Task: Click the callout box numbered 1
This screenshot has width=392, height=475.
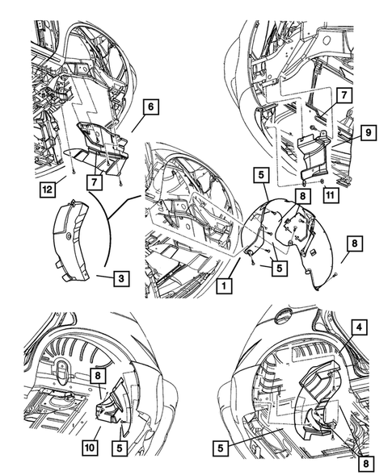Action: click(x=224, y=285)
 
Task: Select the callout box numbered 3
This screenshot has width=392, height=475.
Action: click(x=121, y=278)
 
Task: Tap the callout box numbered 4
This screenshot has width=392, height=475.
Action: click(x=360, y=327)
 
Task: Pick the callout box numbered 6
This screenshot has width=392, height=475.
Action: click(x=151, y=106)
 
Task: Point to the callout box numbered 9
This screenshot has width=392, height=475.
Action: click(x=369, y=133)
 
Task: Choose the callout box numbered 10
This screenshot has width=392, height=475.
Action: click(x=90, y=447)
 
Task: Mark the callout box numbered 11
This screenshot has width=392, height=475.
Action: click(x=331, y=195)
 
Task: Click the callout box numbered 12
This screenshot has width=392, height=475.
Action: click(x=48, y=190)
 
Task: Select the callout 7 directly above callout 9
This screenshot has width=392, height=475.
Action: click(x=344, y=95)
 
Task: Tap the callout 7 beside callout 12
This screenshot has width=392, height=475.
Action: click(x=95, y=182)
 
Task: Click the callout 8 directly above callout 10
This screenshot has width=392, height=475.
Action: click(x=98, y=376)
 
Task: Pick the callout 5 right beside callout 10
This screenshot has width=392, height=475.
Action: click(x=120, y=448)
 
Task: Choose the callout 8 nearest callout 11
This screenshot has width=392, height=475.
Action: click(x=302, y=196)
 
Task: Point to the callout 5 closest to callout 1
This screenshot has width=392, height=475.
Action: click(x=280, y=268)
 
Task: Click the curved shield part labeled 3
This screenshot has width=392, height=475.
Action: click(x=71, y=241)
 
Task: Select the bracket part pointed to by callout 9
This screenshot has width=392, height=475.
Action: click(x=314, y=157)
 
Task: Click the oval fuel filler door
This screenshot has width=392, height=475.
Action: click(x=283, y=317)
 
